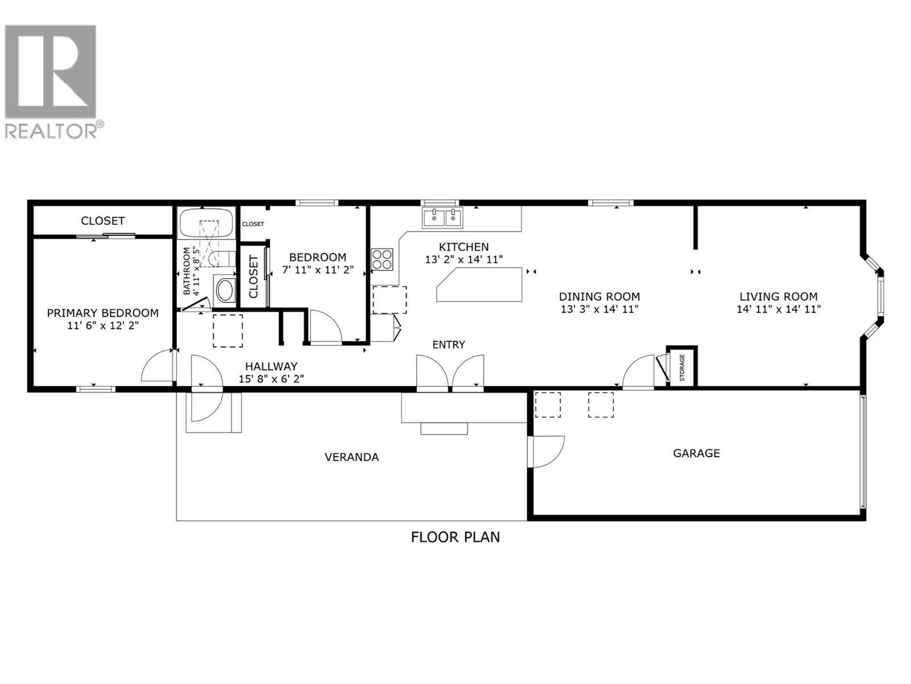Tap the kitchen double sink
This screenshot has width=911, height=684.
click(x=442, y=217)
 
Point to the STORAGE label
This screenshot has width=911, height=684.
click(x=682, y=368)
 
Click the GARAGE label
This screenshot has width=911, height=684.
click(x=696, y=453)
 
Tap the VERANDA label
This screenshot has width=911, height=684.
click(x=351, y=457)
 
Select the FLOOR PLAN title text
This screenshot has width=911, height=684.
click(x=455, y=537)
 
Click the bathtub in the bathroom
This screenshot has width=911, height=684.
click(x=206, y=223)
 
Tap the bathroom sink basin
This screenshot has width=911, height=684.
click(x=225, y=290)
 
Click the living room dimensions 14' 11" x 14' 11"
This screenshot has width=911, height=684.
click(x=778, y=310)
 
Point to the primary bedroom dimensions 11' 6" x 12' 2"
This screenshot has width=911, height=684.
click(x=102, y=325)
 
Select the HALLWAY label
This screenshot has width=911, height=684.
click(x=271, y=367)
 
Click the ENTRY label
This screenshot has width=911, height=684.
click(x=449, y=344)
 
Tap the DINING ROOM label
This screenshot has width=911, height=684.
click(x=599, y=296)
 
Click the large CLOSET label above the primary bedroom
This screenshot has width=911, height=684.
click(x=102, y=221)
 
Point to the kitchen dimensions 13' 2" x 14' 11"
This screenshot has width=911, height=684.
click(x=464, y=259)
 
